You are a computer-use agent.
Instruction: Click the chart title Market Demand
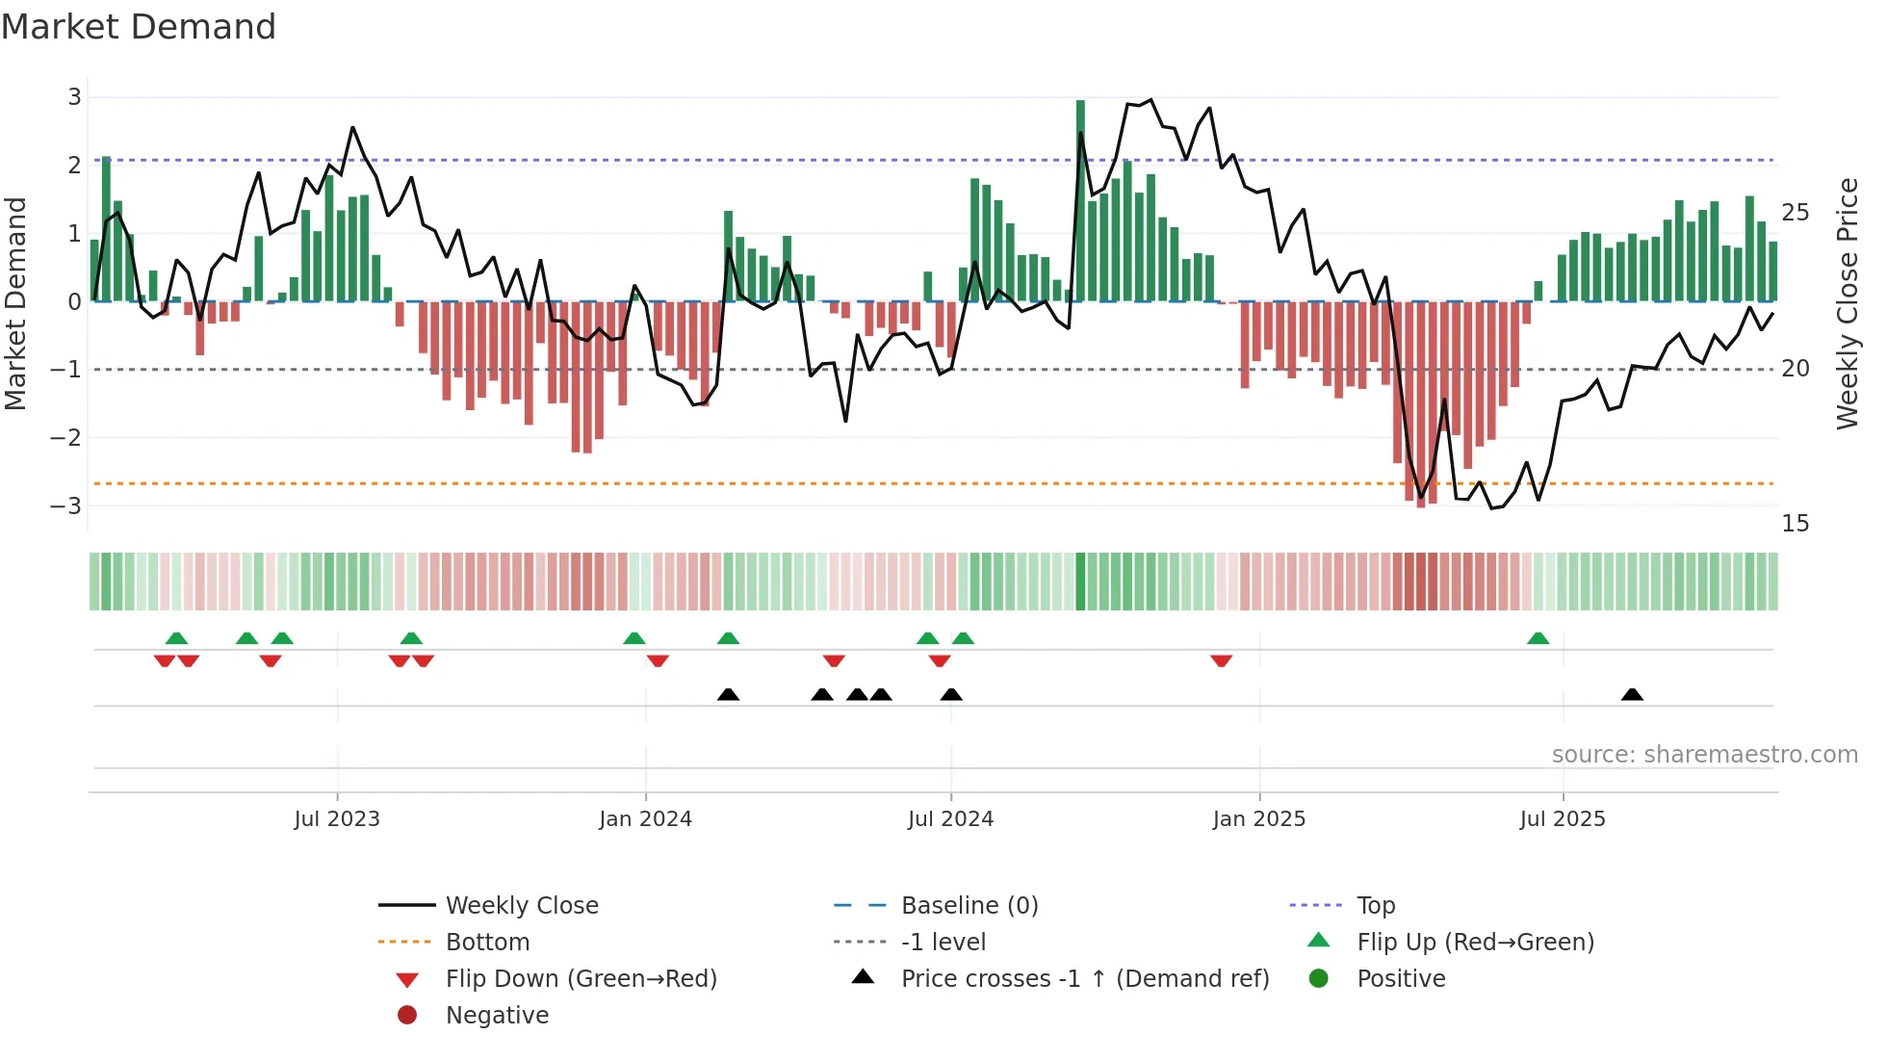click(139, 27)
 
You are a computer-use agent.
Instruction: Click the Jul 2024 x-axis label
click(950, 819)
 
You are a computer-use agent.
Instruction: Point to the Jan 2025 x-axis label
click(1258, 819)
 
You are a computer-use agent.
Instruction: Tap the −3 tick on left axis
click(66, 505)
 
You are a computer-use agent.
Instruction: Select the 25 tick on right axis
click(1795, 212)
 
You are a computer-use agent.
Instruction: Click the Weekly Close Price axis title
click(1847, 303)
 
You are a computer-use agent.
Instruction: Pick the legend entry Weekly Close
click(521, 906)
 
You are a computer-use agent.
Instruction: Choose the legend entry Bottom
click(487, 943)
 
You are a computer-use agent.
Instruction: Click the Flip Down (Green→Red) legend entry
click(581, 979)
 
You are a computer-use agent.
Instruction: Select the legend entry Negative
click(497, 1016)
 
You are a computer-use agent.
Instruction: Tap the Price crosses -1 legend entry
click(1084, 979)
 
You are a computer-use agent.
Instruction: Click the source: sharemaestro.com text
click(1704, 755)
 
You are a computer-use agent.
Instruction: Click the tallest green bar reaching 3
click(1080, 200)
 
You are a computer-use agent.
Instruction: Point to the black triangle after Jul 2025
click(1632, 694)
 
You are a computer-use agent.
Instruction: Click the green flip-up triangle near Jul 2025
click(1538, 638)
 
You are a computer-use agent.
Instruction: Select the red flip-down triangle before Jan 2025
click(1221, 660)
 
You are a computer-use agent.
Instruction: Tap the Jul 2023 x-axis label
click(337, 819)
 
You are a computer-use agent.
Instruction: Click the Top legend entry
click(1375, 906)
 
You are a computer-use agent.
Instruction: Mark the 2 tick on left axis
click(74, 165)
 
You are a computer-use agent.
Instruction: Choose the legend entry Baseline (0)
click(969, 906)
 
